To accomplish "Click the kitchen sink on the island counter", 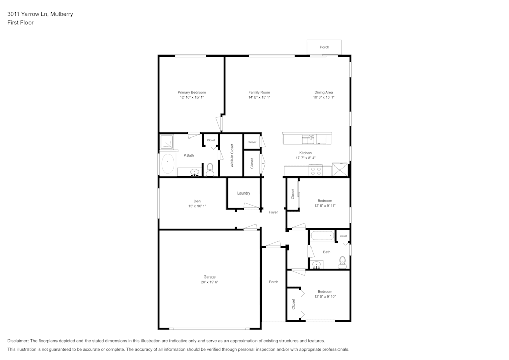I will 308,139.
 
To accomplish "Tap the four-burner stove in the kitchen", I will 315,171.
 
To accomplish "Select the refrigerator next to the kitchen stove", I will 340,170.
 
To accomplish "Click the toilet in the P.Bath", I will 209,168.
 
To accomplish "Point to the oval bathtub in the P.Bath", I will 167,164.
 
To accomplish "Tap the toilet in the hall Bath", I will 342,262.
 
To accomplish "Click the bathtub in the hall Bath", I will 322,236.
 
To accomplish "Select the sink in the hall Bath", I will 317,265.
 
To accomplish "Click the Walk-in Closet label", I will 232,156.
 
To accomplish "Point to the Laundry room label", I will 243,193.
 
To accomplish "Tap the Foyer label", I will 273,212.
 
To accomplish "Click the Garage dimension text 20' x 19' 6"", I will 210,282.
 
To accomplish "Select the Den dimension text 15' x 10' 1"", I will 196,206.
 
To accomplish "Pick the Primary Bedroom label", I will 191,92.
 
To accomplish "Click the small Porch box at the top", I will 324,47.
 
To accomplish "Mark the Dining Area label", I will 324,92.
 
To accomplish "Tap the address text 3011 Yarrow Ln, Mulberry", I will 40,14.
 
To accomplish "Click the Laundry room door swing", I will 251,206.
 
